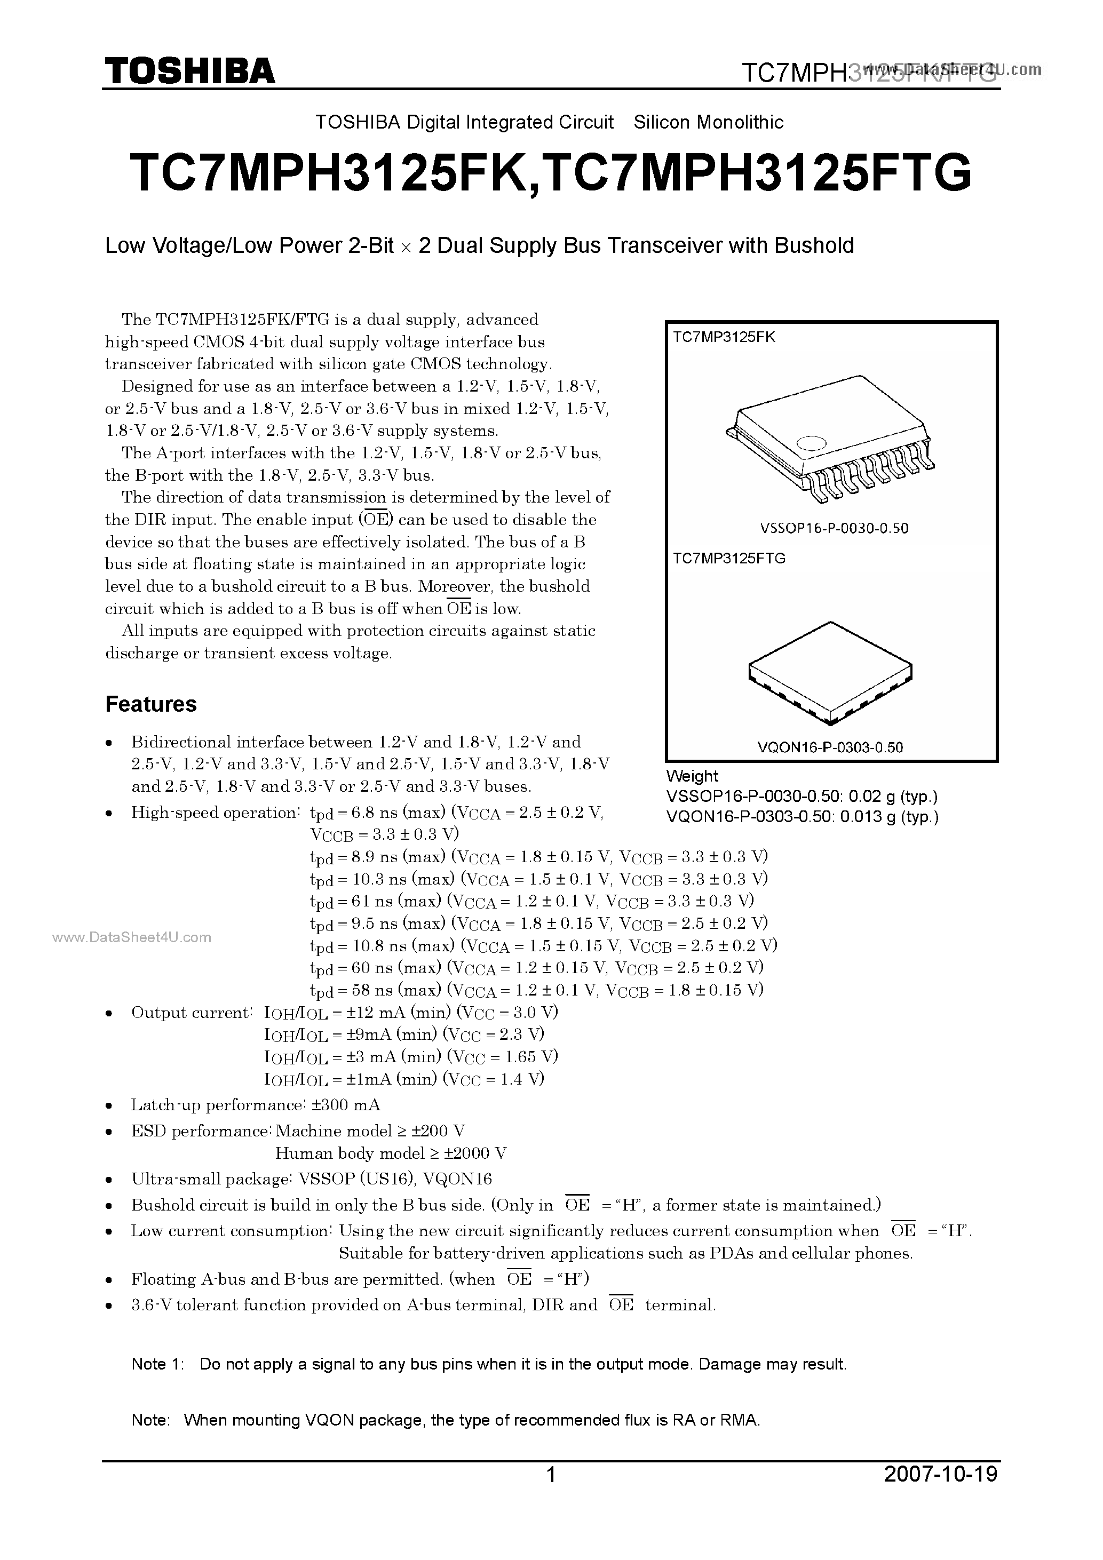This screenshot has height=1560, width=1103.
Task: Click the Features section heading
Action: click(151, 704)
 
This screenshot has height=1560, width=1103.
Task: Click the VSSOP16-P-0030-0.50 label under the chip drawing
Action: click(834, 528)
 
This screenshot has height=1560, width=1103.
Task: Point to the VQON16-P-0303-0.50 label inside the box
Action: click(830, 747)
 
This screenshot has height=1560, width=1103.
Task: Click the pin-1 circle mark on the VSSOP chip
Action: click(810, 443)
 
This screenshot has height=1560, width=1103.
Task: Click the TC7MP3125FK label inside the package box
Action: click(724, 337)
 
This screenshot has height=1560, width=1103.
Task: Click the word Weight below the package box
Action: click(692, 776)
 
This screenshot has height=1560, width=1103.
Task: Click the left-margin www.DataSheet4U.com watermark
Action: click(131, 937)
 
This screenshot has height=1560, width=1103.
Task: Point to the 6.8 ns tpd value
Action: click(373, 813)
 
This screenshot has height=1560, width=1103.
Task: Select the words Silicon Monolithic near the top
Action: click(708, 122)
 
